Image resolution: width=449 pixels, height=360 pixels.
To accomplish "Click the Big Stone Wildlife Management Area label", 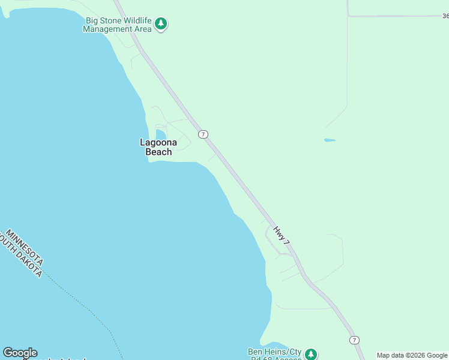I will [117, 25].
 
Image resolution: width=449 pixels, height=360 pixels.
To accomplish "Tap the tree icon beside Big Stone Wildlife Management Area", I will [160, 24].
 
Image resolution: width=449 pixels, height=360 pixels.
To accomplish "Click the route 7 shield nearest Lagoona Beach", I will [203, 134].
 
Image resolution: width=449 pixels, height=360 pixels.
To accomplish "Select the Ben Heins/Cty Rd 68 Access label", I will [275, 355].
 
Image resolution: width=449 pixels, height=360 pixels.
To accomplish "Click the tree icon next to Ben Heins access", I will [310, 354].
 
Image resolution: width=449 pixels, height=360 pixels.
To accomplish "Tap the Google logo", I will [20, 353].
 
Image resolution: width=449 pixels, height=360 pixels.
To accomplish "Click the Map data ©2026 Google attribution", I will [412, 355].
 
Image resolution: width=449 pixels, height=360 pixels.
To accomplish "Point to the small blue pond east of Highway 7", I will [330, 140].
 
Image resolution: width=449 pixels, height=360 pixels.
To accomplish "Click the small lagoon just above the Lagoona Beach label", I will [160, 134].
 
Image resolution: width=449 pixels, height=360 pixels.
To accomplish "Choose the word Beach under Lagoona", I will [158, 152].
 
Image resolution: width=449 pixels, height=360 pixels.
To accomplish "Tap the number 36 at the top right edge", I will [445, 16].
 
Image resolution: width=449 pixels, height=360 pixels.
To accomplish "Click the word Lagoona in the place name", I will [158, 142].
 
